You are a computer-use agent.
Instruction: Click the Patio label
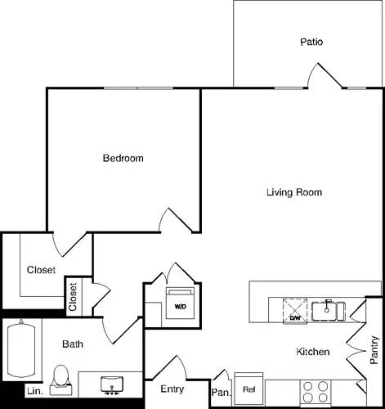[x=311, y=41]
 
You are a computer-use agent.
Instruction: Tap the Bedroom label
[x=123, y=158]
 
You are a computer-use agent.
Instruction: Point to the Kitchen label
[x=312, y=352]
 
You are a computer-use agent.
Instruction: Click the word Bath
[x=73, y=344]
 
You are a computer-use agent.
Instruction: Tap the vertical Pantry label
[x=374, y=350]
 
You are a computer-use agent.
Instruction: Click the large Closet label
[x=41, y=270]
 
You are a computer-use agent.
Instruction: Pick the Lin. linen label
[x=34, y=391]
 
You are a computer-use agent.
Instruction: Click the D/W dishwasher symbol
[x=294, y=311]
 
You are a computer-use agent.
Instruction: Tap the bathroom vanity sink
[x=110, y=383]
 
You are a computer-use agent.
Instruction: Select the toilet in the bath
[x=59, y=378]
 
